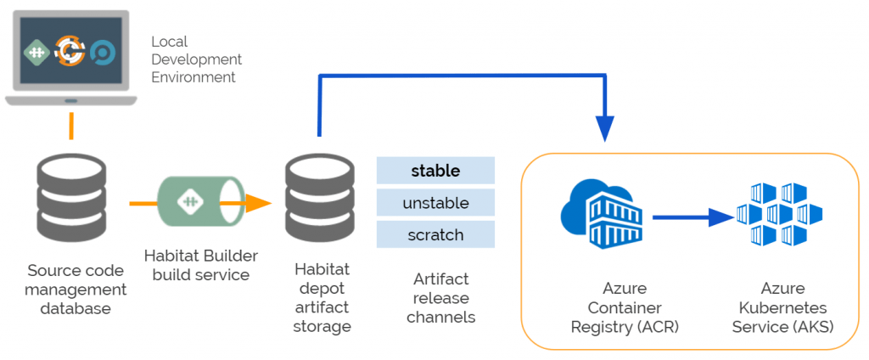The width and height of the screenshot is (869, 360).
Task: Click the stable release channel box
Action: point(435,171)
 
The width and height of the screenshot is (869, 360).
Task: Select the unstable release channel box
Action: point(435,203)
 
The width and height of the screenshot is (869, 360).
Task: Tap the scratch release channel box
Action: point(435,234)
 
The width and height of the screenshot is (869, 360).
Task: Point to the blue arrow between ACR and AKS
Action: point(692,218)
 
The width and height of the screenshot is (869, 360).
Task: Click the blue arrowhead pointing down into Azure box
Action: point(604,128)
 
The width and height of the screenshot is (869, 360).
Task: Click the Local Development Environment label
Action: point(196,59)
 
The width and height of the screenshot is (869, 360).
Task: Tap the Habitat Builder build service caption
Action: point(201,265)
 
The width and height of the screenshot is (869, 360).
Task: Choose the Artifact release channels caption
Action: point(440,298)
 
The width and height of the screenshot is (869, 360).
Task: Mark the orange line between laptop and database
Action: point(71,125)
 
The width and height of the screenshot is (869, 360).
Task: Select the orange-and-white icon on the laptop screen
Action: point(70,51)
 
